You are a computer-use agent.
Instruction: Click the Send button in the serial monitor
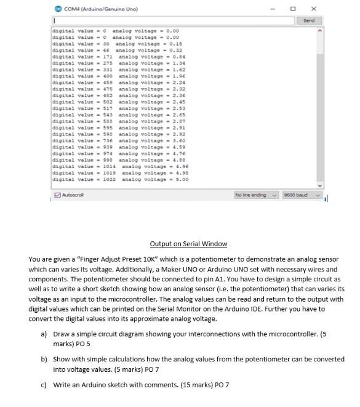pyautogui.click(x=309, y=20)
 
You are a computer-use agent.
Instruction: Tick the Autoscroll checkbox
pyautogui.click(x=58, y=195)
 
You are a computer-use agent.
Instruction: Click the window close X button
pyautogui.click(x=314, y=9)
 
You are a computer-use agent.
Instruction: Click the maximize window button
pyautogui.click(x=293, y=9)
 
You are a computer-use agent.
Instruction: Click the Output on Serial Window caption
pyautogui.click(x=188, y=244)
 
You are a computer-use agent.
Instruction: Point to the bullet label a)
pyautogui.click(x=44, y=334)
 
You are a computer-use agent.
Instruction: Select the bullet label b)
pyautogui.click(x=44, y=358)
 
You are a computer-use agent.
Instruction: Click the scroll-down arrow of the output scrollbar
pyautogui.click(x=319, y=184)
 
